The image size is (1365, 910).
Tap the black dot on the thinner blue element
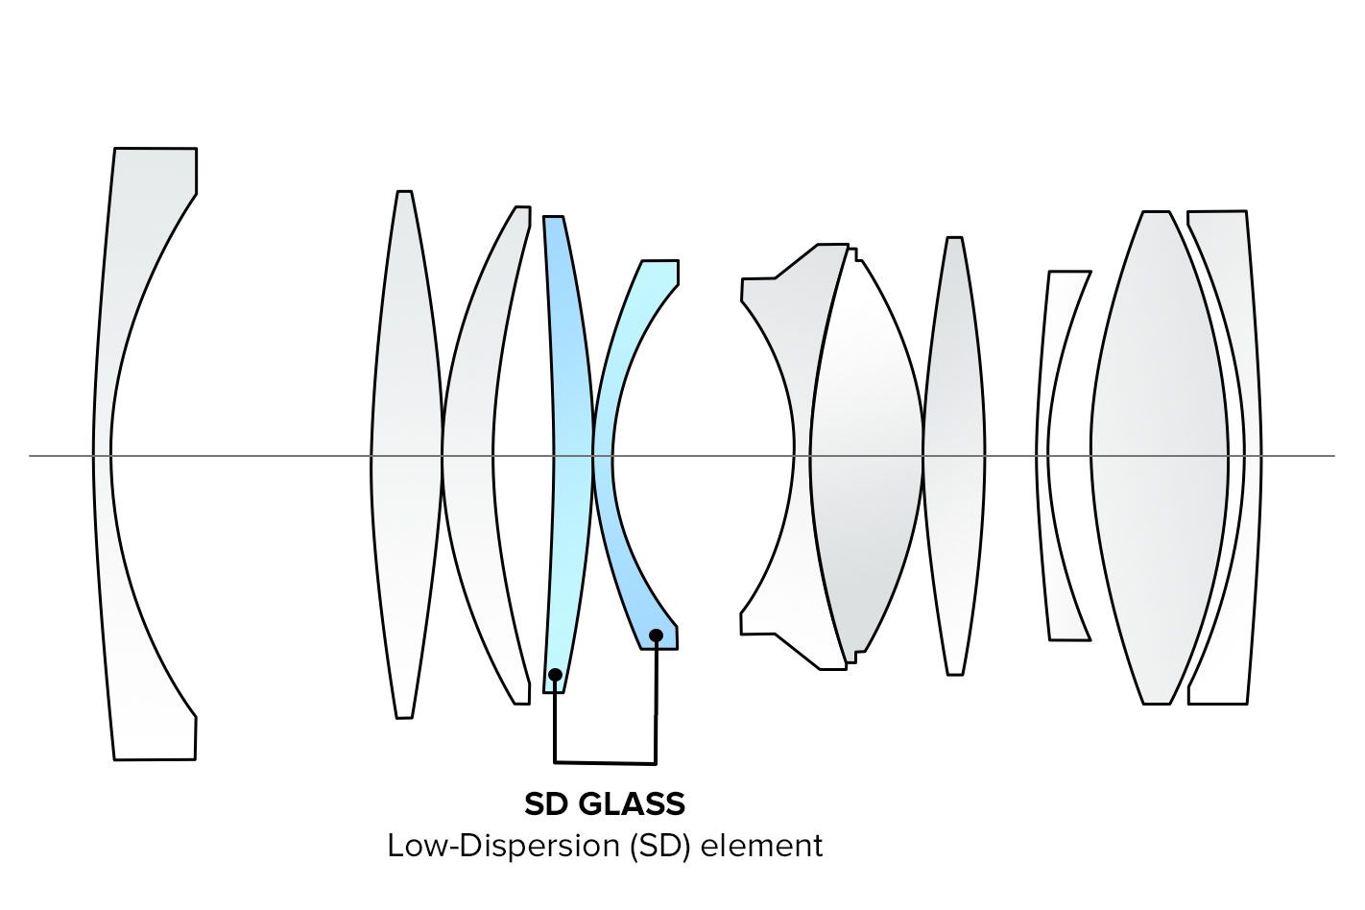point(555,675)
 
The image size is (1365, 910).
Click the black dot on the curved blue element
point(656,635)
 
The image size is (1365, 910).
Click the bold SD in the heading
point(546,803)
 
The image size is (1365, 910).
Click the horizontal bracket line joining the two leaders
point(605,763)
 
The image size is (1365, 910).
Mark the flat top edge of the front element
point(155,149)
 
